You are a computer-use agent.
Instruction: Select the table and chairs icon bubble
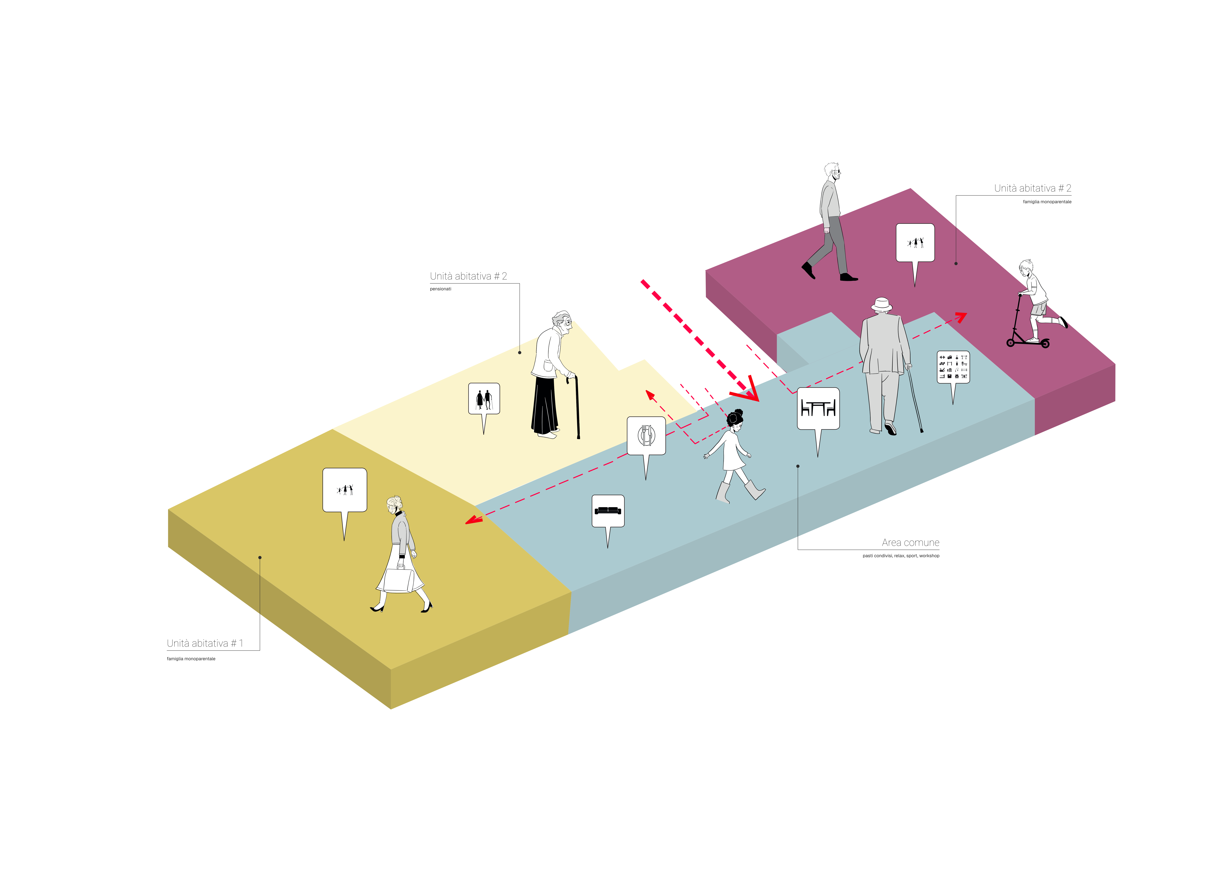point(818,409)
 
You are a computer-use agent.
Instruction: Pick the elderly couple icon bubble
point(484,399)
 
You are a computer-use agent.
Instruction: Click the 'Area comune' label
point(911,543)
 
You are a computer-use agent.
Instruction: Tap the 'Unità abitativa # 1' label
point(205,643)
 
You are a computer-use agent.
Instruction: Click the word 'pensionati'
point(440,289)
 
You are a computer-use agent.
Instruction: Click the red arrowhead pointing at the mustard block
point(473,520)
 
